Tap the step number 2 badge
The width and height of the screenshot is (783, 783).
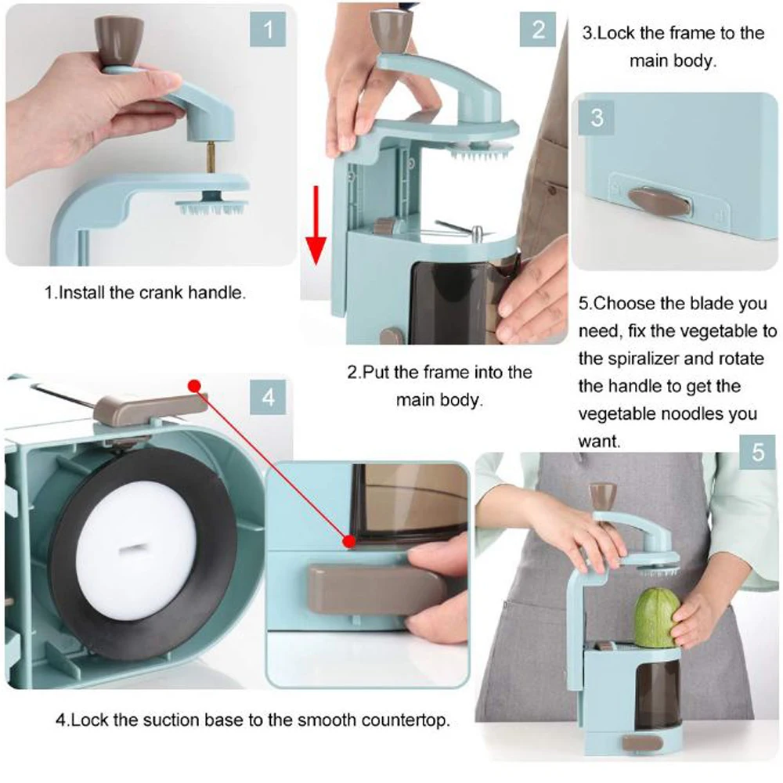[x=538, y=31]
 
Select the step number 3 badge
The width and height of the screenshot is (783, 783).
[x=597, y=117]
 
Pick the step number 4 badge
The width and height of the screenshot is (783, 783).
[x=269, y=399]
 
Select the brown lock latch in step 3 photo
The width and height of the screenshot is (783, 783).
[x=660, y=200]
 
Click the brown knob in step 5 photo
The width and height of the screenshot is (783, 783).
[x=603, y=493]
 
